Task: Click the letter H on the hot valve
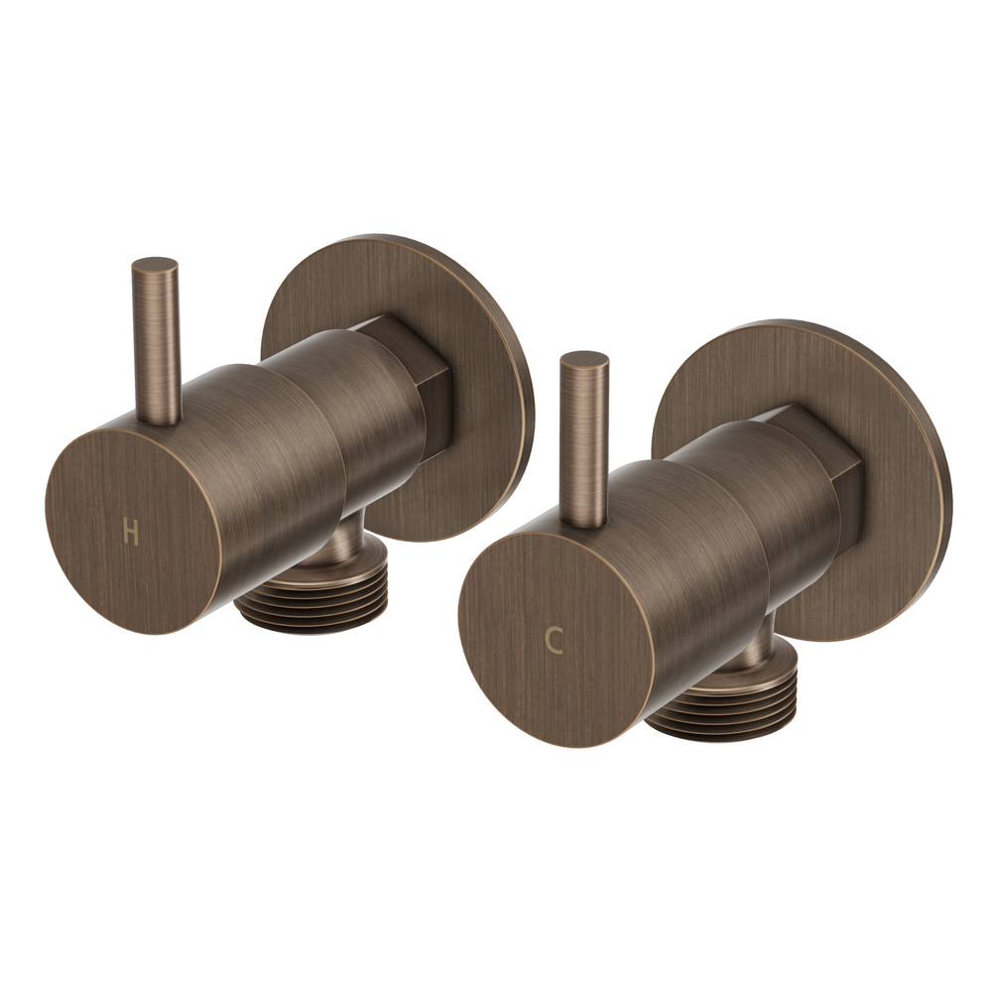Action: tap(130, 533)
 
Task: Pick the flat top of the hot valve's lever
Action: tap(155, 265)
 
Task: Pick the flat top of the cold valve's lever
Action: tap(584, 359)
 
